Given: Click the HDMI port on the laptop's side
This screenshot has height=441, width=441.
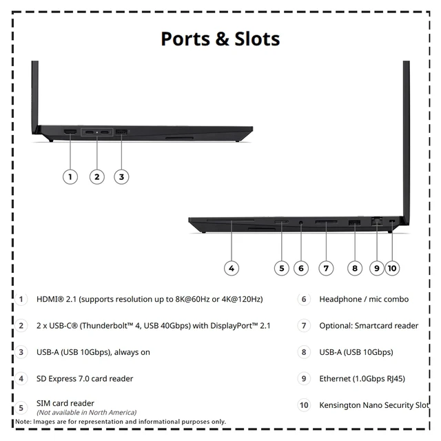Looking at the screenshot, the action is coord(70,132).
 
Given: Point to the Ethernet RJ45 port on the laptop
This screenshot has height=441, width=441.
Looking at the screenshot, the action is coord(377,220).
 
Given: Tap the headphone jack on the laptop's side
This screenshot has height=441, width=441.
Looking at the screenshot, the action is coord(301,223).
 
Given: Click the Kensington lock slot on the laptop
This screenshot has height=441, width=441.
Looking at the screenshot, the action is coord(393,222).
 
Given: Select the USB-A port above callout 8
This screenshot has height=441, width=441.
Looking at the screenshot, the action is coord(354,223).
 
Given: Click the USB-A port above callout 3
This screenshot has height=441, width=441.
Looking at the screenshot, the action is coord(121,132).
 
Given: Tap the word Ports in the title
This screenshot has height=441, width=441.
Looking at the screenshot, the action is coord(185,39).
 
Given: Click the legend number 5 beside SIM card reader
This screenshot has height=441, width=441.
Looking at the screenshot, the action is coord(21,408).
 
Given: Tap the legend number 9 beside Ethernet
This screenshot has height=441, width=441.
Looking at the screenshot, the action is coord(304,378).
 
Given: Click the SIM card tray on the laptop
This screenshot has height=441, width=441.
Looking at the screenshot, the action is coord(282,222).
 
